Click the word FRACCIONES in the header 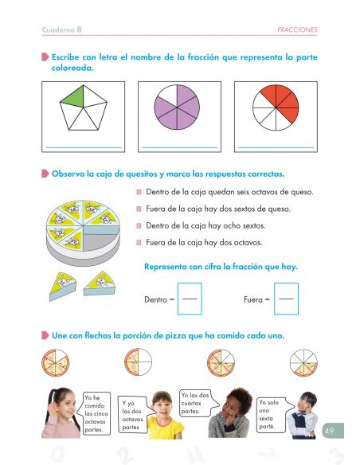point(295,29)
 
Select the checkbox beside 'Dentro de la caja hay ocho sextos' point(139,226)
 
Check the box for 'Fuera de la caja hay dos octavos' point(139,243)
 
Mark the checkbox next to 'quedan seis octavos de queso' point(139,192)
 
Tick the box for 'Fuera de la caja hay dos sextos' point(139,209)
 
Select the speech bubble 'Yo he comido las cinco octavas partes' point(94,414)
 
